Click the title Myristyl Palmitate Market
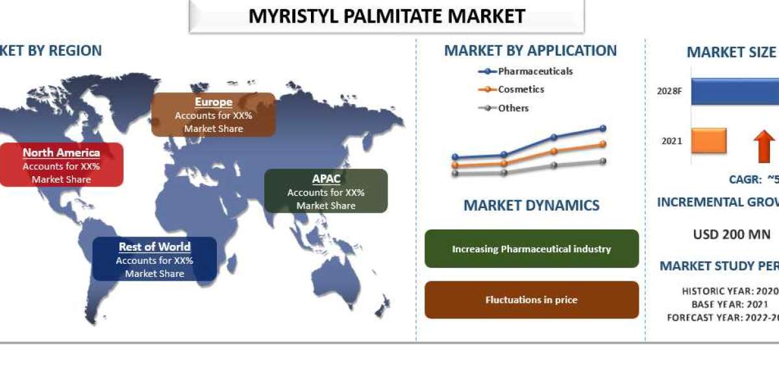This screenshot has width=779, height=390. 387,16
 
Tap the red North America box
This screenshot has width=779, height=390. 61,165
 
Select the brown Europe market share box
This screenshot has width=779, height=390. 213,114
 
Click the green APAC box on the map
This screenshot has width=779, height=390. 326,191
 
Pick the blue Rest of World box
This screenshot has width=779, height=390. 155,259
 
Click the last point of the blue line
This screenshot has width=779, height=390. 603,129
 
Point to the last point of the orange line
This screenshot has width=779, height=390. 603,144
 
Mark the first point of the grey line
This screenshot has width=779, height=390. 455,174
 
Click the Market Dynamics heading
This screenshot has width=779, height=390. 531,205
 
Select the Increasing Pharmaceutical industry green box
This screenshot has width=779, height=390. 531,249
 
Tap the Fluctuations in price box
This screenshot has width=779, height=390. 531,300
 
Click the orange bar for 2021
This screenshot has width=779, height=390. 708,140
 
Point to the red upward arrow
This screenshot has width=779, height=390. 764,146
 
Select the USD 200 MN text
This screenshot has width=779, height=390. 732,235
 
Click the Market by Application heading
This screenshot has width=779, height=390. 530,51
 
